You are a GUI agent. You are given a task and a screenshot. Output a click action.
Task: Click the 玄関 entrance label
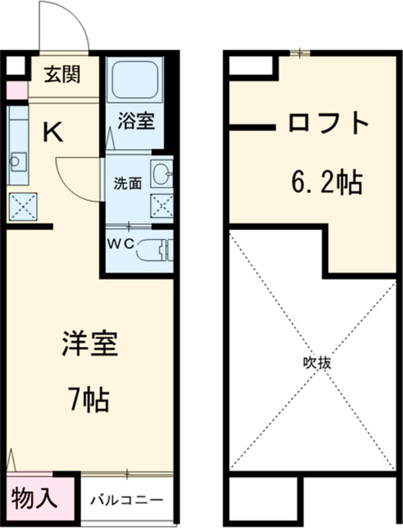tap(62, 74)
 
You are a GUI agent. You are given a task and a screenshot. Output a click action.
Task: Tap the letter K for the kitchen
tap(53, 133)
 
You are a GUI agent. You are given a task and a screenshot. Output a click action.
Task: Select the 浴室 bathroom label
tap(137, 121)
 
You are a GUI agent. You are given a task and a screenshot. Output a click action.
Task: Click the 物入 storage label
tap(34, 500)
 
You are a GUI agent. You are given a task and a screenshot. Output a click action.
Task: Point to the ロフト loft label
tap(330, 123)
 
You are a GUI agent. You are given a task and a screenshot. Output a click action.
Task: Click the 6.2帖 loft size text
tap(327, 181)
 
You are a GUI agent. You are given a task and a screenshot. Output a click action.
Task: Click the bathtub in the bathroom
tap(135, 80)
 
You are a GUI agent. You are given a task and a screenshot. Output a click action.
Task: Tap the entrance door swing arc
tap(67, 27)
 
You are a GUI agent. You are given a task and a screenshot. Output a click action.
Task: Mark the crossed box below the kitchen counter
tap(23, 206)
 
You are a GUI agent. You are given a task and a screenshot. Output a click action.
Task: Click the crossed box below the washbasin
tap(161, 205)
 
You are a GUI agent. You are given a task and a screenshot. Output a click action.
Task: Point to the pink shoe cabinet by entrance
tap(17, 90)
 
